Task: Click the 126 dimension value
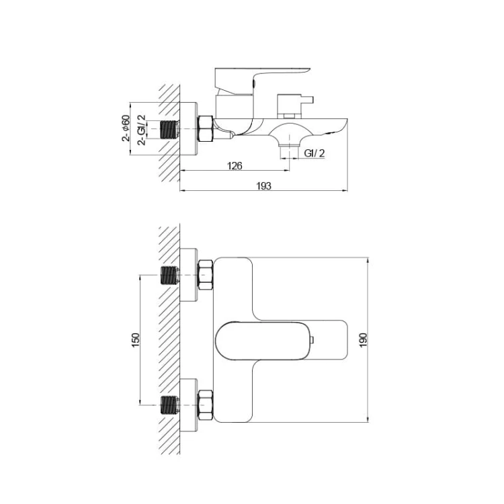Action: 235,166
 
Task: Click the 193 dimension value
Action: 263,185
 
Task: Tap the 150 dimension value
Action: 136,340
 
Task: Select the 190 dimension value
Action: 363,340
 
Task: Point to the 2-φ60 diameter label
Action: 126,128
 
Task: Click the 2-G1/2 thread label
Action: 141,130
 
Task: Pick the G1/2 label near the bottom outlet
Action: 314,153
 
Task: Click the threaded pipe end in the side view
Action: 169,130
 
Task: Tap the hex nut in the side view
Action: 206,128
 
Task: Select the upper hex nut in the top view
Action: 206,275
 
